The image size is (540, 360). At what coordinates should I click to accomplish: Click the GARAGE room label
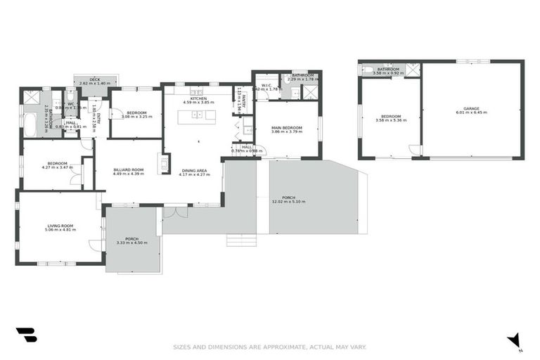coord(471,108)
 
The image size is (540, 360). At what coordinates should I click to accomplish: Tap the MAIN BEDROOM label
coord(287,127)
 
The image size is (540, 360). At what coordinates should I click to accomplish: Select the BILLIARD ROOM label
coord(128,169)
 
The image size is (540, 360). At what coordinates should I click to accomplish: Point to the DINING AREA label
coord(193,169)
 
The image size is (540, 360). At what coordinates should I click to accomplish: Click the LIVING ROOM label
coord(60,226)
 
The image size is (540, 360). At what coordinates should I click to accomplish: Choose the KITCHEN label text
coord(198,98)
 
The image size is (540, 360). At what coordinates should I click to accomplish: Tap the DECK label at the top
coord(96,79)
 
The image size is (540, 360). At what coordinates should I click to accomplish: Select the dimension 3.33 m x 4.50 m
coord(132,243)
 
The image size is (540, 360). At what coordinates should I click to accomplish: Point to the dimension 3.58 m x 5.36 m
coord(391,120)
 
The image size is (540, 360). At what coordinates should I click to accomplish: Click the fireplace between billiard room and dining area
coord(165,164)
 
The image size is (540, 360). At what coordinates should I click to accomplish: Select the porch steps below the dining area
coord(241,240)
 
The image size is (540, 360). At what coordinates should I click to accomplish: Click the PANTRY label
coord(239,101)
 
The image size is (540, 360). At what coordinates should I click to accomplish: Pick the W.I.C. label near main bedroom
coord(266,86)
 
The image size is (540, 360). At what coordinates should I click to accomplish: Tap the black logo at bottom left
coord(26,335)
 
